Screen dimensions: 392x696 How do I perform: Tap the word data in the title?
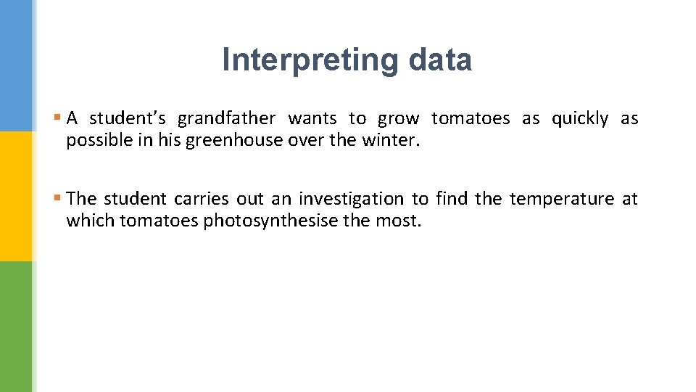[439, 60]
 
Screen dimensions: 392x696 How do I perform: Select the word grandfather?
[226, 119]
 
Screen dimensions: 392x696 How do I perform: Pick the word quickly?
[579, 119]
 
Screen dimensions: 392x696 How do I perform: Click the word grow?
[398, 119]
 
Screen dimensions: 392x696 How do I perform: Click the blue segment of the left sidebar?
[16, 65]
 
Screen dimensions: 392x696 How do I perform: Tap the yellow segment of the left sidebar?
[16, 196]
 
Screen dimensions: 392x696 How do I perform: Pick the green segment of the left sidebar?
[16, 327]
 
